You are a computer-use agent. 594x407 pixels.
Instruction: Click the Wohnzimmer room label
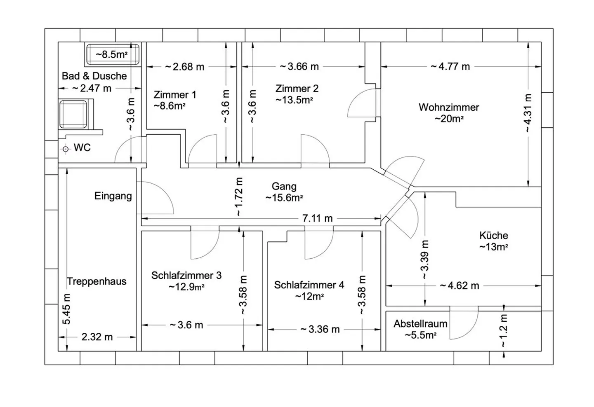449,108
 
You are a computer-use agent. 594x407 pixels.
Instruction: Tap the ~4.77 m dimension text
450,66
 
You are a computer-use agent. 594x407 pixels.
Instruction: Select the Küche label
493,235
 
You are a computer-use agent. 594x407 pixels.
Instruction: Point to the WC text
82,147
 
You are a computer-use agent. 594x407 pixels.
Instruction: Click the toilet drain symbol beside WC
66,149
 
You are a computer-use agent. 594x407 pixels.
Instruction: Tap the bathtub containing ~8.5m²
113,54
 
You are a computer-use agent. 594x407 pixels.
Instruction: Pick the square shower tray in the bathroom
73,114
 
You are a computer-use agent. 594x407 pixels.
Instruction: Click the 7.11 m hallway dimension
318,218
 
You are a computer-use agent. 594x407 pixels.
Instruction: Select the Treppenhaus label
97,281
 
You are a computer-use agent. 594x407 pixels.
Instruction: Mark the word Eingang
113,196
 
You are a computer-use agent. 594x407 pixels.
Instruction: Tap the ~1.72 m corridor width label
239,197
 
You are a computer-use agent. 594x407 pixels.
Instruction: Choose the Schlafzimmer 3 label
186,276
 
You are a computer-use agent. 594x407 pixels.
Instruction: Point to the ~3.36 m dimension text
320,330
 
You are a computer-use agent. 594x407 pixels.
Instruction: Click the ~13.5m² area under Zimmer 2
294,100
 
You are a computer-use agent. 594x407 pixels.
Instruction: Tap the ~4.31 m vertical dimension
528,113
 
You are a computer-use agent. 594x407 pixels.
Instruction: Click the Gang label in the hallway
284,187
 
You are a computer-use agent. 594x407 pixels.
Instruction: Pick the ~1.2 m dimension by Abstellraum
504,331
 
